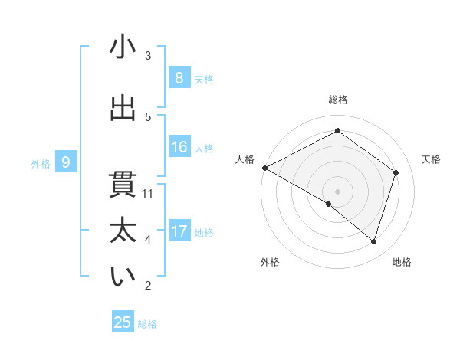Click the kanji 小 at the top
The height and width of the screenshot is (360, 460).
pos(123,48)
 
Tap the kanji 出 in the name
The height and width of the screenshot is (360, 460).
pos(123,109)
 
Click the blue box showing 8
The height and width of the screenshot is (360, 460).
pos(179,77)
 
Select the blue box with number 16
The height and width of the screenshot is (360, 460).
pos(179,147)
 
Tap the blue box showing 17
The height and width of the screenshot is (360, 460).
pos(179,231)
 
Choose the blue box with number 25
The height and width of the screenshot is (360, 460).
pos(123,322)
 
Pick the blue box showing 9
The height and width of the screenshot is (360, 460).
pos(66,162)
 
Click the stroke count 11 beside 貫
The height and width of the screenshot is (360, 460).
pos(148,194)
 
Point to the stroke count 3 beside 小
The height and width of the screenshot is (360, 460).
pos(148,56)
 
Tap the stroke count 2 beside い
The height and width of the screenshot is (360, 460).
pos(148,286)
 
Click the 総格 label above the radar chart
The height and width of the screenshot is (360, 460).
pos(337,100)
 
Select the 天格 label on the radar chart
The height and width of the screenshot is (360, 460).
pos(431,159)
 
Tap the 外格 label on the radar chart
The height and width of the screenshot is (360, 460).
pos(270,262)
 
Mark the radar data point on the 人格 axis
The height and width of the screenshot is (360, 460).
pos(264,168)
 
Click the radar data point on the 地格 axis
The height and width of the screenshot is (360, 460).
pos(373,241)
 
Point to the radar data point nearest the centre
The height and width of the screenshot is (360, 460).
pos(329,205)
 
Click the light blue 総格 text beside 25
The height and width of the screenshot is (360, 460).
pos(147,324)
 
